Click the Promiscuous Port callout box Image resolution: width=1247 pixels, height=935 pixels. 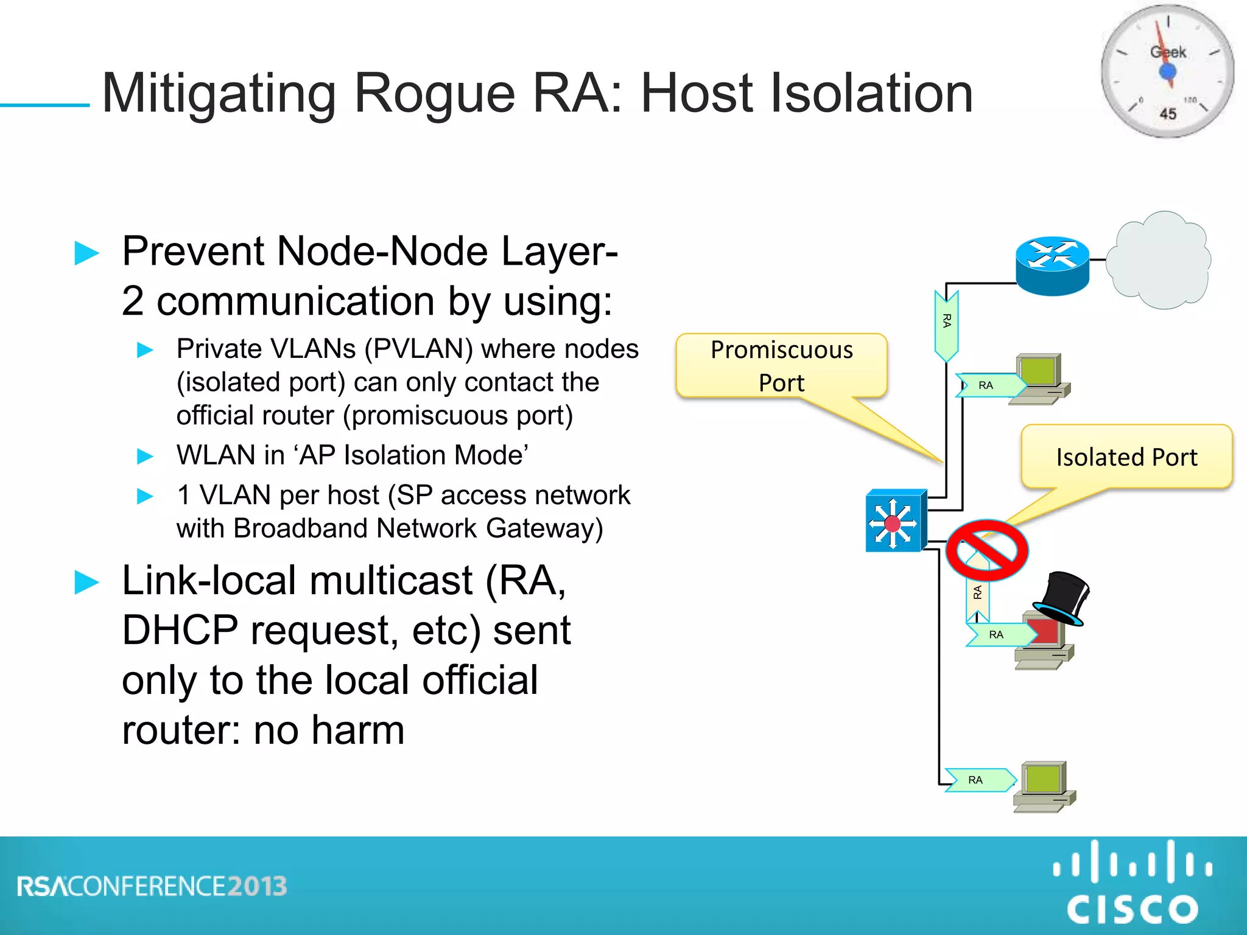781,366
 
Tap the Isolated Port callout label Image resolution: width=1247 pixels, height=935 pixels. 1126,457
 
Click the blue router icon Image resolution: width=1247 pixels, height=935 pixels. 1052,266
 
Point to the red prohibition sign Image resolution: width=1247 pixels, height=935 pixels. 987,550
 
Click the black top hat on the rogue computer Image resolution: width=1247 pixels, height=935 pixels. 1063,597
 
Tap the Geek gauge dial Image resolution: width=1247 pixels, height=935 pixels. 1167,71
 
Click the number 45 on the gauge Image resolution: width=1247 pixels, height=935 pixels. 1167,114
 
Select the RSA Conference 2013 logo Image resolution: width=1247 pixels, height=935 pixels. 152,886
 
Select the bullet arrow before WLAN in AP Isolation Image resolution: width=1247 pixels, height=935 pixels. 145,456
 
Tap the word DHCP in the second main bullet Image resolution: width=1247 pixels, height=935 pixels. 180,631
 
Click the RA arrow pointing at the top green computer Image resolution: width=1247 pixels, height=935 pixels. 989,385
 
